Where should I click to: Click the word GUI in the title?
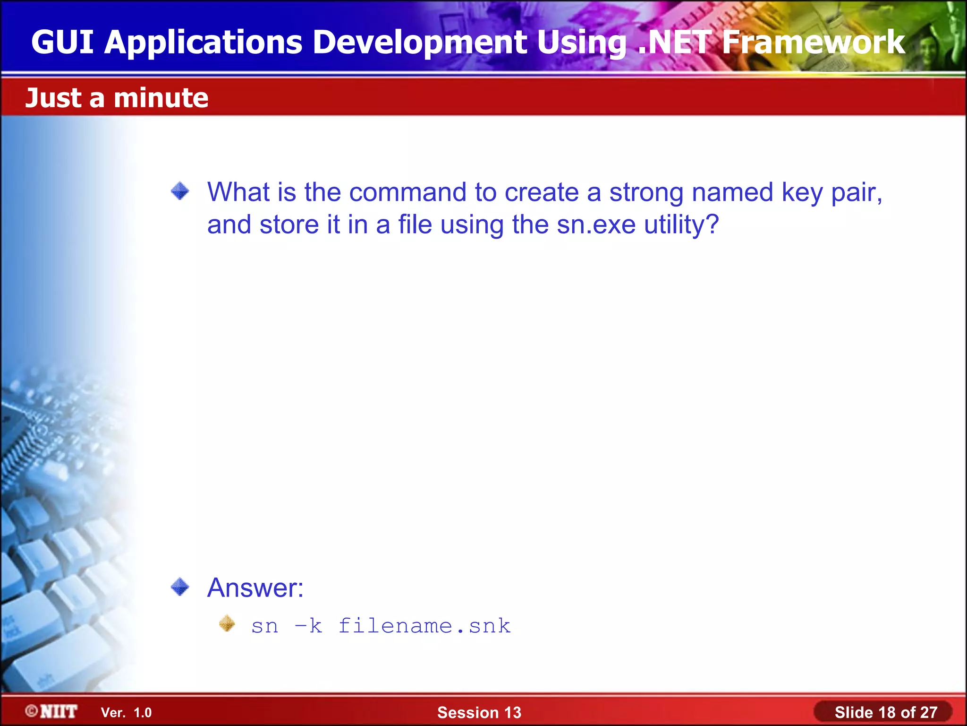pyautogui.click(x=62, y=42)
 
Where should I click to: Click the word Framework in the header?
pyautogui.click(x=813, y=42)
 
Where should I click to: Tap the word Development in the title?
pyautogui.click(x=420, y=42)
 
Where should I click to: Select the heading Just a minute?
pyautogui.click(x=117, y=98)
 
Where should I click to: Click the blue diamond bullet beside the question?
pyautogui.click(x=180, y=191)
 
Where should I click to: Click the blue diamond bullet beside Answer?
pyautogui.click(x=180, y=587)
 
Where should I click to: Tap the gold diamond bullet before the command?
pyautogui.click(x=227, y=623)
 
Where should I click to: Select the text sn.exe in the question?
pyautogui.click(x=596, y=225)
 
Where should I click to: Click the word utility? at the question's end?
pyautogui.click(x=681, y=225)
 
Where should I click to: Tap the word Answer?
pyautogui.click(x=255, y=588)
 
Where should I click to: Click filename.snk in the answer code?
pyautogui.click(x=424, y=626)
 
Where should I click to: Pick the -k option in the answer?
pyautogui.click(x=308, y=626)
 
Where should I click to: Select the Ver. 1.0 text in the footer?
pyautogui.click(x=126, y=712)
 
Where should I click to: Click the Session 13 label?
pyautogui.click(x=479, y=712)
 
